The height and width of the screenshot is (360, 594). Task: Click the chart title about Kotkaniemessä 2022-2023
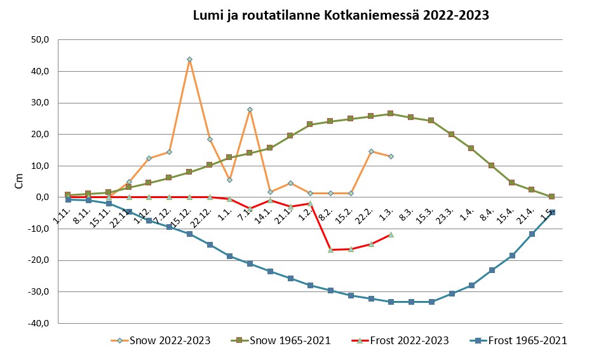coord(341,15)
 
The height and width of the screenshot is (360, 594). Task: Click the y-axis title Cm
coord(19,181)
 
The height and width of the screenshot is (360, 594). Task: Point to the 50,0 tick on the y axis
coord(39,40)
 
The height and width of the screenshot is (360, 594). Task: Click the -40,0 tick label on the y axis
coord(38,323)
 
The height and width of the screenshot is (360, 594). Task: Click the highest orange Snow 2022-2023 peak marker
coord(189,60)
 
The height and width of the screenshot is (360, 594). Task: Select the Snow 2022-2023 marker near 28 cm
coord(250,110)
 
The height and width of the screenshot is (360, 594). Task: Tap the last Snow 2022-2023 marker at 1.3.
coord(391,156)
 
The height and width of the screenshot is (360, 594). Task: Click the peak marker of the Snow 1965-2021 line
coord(391,114)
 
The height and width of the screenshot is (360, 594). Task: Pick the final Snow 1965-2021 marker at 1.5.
coord(551,197)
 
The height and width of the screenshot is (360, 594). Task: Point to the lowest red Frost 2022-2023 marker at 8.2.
coord(330,250)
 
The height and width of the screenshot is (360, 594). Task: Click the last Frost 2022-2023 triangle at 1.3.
coord(391,234)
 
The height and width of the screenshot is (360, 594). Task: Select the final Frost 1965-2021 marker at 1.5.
coord(552,212)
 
